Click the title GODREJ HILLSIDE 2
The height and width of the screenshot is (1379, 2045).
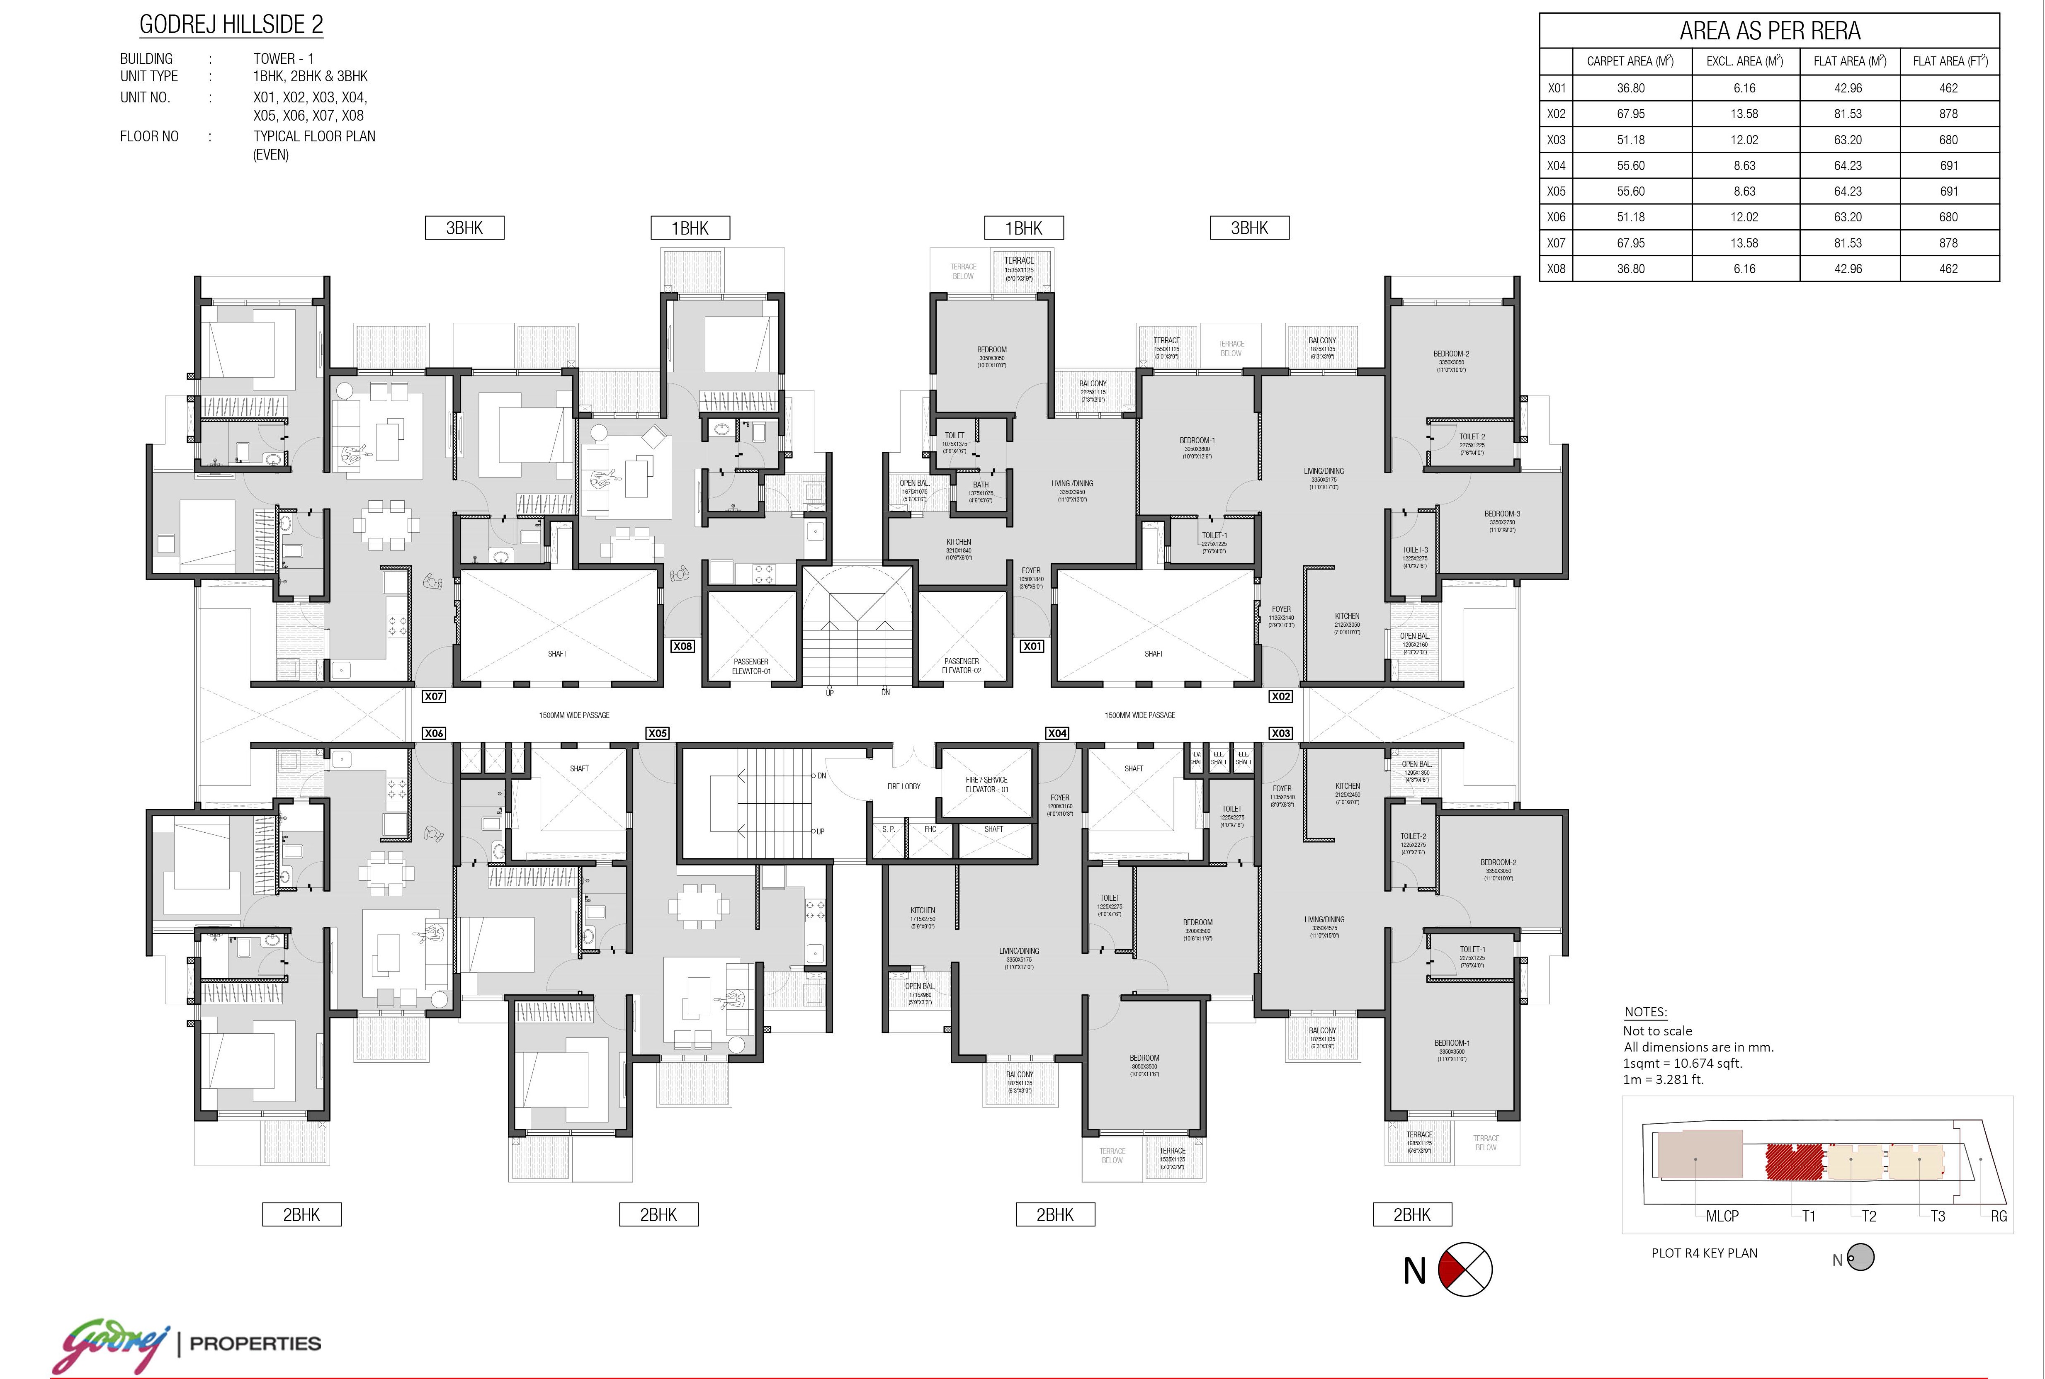click(x=231, y=24)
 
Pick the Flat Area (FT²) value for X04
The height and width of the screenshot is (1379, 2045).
click(x=1948, y=165)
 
